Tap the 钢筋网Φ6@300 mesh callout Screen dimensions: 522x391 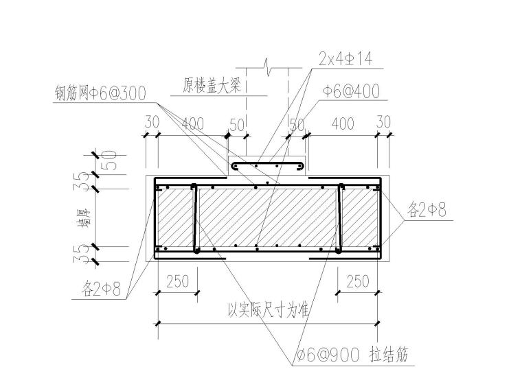[x=100, y=93]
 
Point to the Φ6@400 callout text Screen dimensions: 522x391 [x=350, y=91]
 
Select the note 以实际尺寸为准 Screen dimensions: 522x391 [x=268, y=309]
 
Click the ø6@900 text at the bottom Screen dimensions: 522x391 [x=328, y=355]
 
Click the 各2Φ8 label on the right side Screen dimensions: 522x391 [x=426, y=210]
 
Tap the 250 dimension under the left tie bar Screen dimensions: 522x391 [x=178, y=281]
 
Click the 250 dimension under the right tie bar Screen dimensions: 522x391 [x=358, y=281]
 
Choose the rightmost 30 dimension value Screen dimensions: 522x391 [x=383, y=122]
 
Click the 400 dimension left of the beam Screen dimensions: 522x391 [x=192, y=123]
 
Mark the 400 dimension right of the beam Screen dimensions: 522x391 [x=342, y=123]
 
